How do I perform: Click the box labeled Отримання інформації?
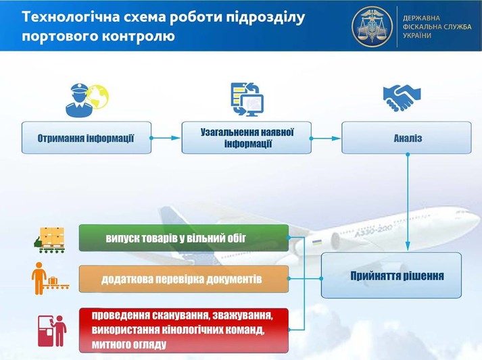pos(86,138)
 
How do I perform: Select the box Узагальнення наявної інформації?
pos(246,138)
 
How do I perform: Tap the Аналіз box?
pos(406,138)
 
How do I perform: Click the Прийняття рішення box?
pos(391,276)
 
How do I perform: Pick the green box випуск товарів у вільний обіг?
pos(183,238)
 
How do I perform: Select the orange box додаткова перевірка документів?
pos(183,279)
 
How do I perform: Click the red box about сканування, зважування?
pos(183,330)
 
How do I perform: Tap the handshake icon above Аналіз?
pos(402,98)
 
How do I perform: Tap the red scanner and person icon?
pos(52,330)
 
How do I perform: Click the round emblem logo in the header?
pos(372,26)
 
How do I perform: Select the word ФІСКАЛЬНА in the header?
pos(421,26)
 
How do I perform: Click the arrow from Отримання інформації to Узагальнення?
pos(166,138)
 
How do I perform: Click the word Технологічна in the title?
pos(62,17)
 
